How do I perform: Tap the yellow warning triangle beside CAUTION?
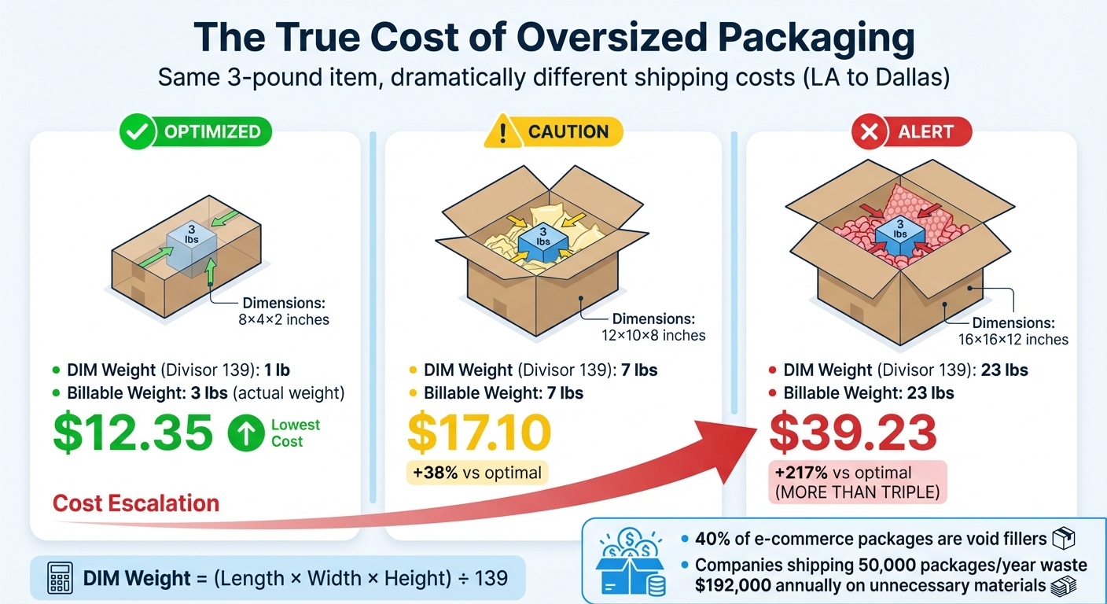[501, 132]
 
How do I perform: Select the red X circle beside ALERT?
[870, 132]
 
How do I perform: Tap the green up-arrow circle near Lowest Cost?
[245, 433]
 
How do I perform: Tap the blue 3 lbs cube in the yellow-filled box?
[542, 236]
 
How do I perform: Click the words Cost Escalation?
[135, 503]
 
